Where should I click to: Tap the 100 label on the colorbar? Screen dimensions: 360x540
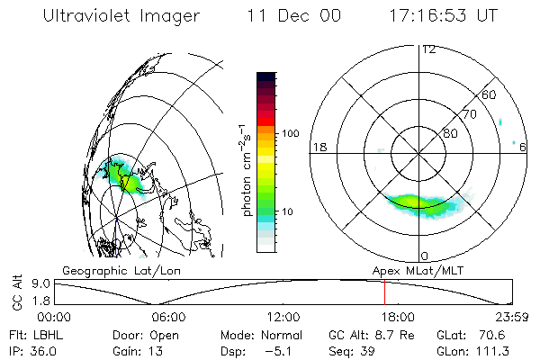tap(292, 133)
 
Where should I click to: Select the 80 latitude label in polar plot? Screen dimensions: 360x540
tap(450, 133)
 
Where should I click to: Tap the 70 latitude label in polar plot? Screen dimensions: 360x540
tap(468, 114)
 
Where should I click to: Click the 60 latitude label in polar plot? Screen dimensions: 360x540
tap(490, 94)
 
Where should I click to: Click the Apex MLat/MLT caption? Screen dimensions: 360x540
tap(417, 270)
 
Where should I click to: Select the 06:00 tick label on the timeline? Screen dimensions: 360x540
tap(168, 317)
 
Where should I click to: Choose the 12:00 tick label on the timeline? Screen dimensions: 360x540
tap(283, 317)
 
